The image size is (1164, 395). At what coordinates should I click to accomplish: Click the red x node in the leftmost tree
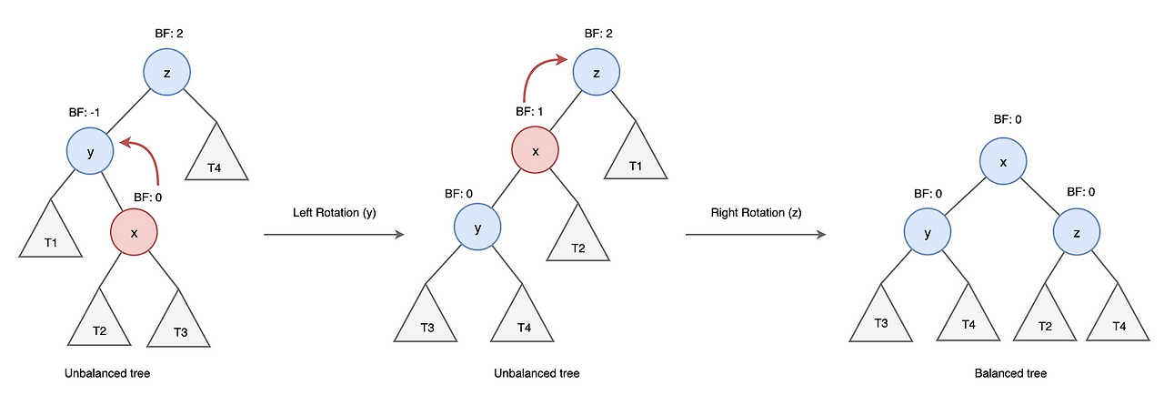pos(134,232)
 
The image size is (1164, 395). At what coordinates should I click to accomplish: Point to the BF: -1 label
pos(85,112)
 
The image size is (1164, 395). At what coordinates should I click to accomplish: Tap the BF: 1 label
pos(529,112)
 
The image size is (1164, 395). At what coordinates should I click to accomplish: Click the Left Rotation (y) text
pos(334,213)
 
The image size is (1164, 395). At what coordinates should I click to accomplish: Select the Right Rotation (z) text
pos(756,213)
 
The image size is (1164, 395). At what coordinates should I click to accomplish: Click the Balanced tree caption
pos(1010,373)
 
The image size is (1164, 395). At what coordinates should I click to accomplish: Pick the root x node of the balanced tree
pos(1003,161)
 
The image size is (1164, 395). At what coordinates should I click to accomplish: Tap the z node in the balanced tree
pos(1076,232)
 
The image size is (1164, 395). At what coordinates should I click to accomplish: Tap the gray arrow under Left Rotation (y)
pos(334,235)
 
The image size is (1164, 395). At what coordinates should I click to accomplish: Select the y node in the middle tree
pos(477,227)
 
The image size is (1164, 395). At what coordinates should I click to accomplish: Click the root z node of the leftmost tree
pos(166,72)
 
